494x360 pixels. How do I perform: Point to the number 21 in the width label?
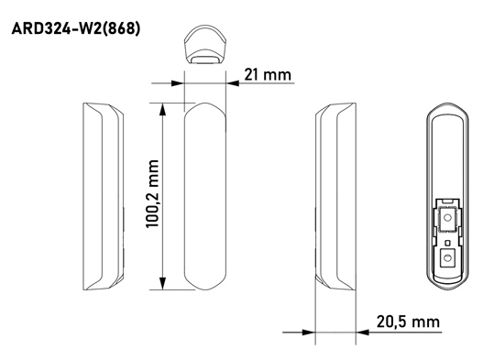250,74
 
